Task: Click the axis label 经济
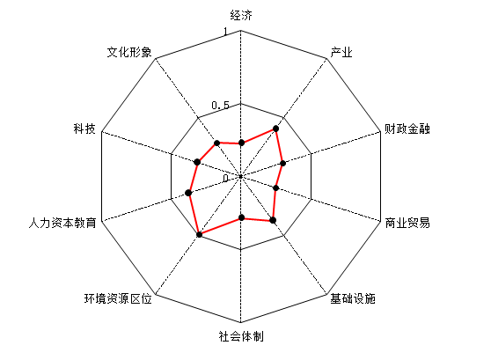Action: pyautogui.click(x=241, y=15)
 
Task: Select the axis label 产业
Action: pyautogui.click(x=341, y=52)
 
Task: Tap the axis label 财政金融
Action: pyautogui.click(x=407, y=129)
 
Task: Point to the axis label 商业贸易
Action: pyautogui.click(x=407, y=223)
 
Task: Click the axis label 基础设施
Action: pyautogui.click(x=353, y=298)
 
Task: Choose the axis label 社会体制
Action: pyautogui.click(x=241, y=336)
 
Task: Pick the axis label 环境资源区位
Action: pyautogui.click(x=118, y=298)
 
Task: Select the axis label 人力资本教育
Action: pyautogui.click(x=62, y=223)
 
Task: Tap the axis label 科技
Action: pyautogui.click(x=84, y=129)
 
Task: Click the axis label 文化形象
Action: pyautogui.click(x=129, y=52)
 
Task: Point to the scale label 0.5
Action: pyautogui.click(x=221, y=106)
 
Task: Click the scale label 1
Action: pyautogui.click(x=225, y=32)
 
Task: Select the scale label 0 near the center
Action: pyautogui.click(x=226, y=179)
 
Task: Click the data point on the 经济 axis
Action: pyautogui.click(x=241, y=143)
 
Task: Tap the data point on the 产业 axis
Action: pyautogui.click(x=276, y=129)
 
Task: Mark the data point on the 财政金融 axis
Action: pyautogui.click(x=283, y=163)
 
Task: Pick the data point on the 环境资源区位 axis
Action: pyautogui.click(x=199, y=234)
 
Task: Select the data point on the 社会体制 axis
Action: pyautogui.click(x=241, y=217)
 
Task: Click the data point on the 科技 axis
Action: pyautogui.click(x=197, y=162)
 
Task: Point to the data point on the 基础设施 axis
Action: pyautogui.click(x=273, y=220)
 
